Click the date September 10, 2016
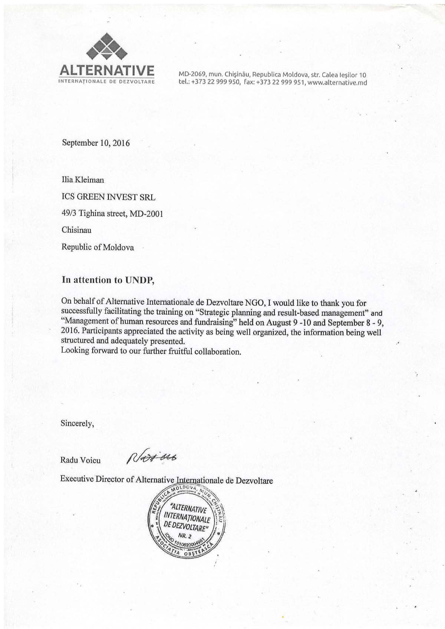pos(96,143)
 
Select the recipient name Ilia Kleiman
pos(83,180)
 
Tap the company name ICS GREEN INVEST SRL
pos(108,197)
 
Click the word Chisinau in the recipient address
pos(76,230)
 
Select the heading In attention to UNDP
pos(108,280)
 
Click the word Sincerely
pos(77,423)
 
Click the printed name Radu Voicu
pos(80,461)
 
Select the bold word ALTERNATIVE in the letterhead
pos(107,70)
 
